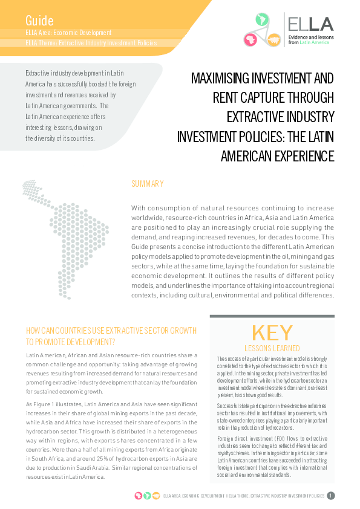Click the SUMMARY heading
147,184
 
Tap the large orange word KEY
272,333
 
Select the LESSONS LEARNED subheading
272,348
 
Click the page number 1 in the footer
331,496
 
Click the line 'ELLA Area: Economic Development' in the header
69,32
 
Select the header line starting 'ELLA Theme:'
91,43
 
